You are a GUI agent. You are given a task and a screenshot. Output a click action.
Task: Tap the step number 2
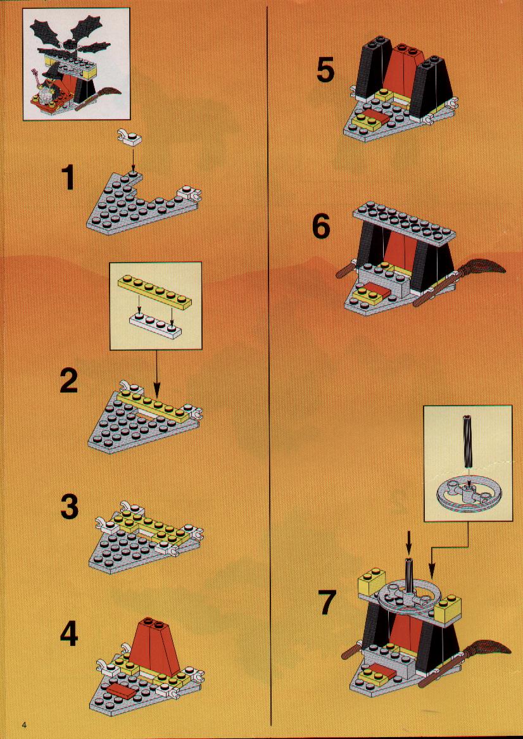(69, 382)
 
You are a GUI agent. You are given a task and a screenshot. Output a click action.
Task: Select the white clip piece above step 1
(129, 136)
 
